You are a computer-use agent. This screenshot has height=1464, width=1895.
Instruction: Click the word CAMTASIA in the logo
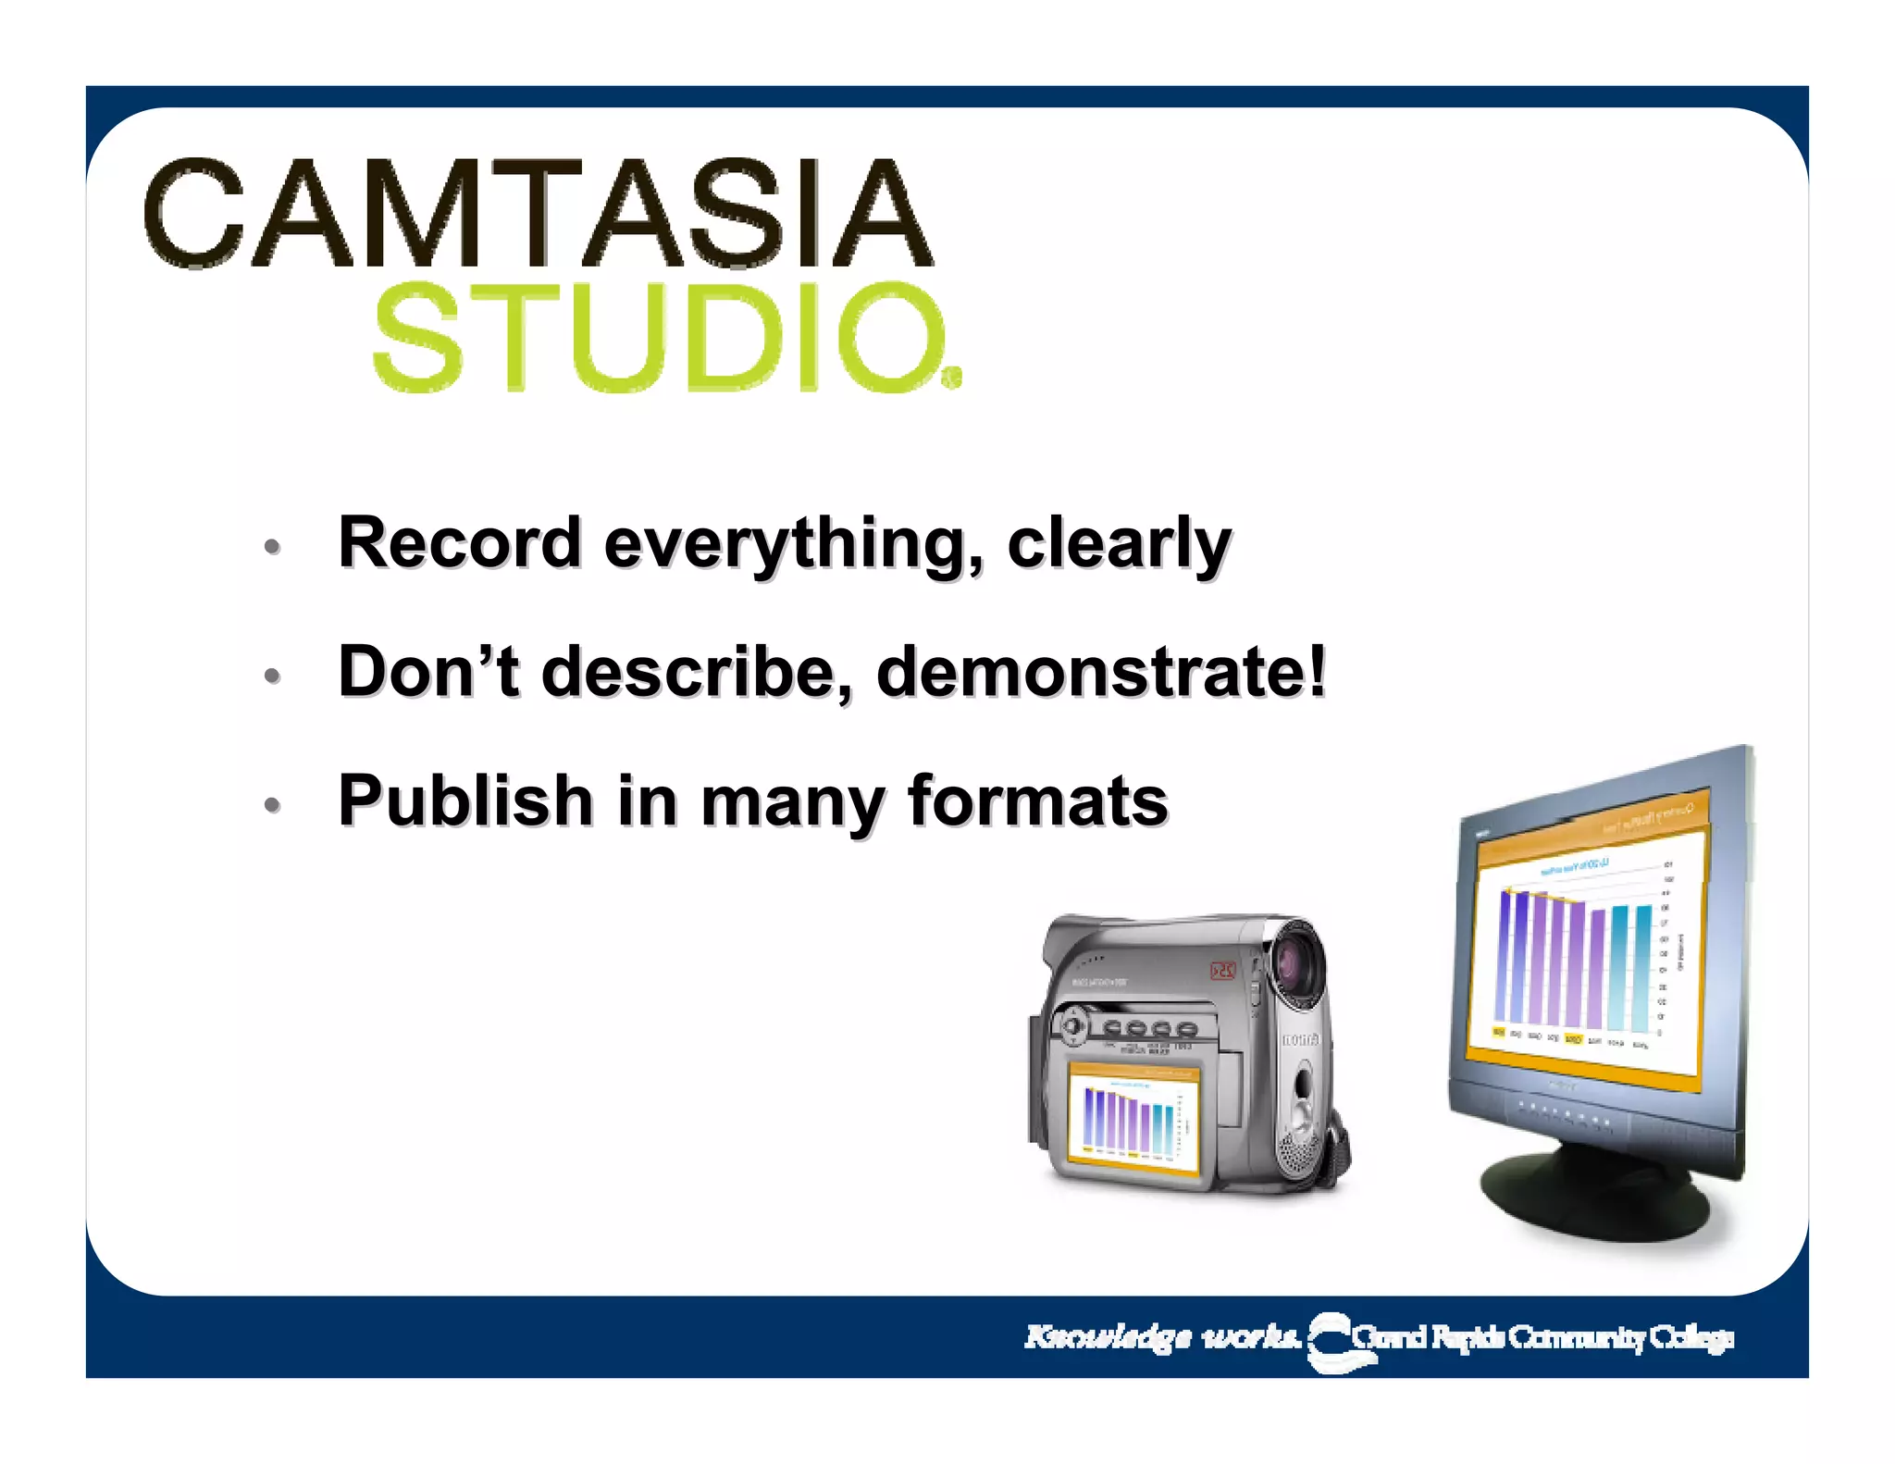(x=539, y=214)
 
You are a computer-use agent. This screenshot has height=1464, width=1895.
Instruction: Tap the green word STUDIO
(x=659, y=338)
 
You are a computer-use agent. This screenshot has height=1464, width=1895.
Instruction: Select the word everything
(x=793, y=546)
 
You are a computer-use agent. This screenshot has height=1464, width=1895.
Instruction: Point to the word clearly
(x=1119, y=546)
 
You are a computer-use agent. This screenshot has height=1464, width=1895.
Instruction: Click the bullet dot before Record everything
(x=272, y=547)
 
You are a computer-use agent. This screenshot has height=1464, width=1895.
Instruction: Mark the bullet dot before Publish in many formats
(x=272, y=805)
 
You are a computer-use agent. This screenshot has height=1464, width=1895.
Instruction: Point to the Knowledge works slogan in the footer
(x=1161, y=1337)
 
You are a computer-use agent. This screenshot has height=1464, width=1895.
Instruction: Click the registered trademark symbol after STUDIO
(x=952, y=378)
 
